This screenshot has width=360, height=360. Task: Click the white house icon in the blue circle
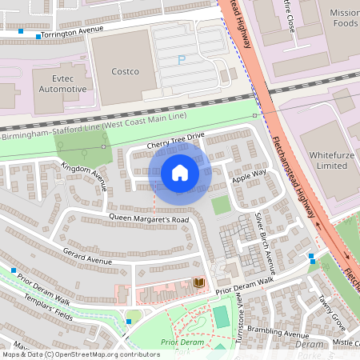coord(180,172)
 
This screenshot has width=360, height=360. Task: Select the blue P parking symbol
coord(181,59)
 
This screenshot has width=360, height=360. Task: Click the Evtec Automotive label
coord(59,83)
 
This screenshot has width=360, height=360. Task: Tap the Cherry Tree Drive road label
coord(175,140)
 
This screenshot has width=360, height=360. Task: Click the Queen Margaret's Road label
coord(149,218)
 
